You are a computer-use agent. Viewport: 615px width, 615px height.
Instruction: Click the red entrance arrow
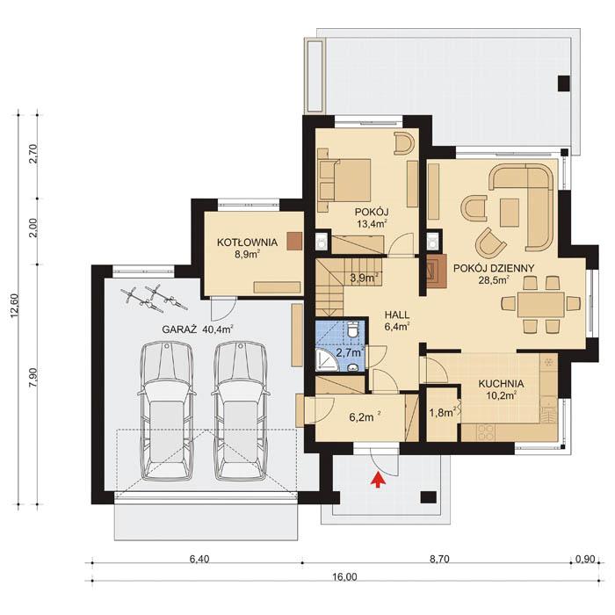click(379, 480)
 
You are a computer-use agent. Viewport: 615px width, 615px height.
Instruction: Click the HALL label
click(397, 314)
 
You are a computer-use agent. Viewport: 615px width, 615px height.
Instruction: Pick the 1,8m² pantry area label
click(439, 411)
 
